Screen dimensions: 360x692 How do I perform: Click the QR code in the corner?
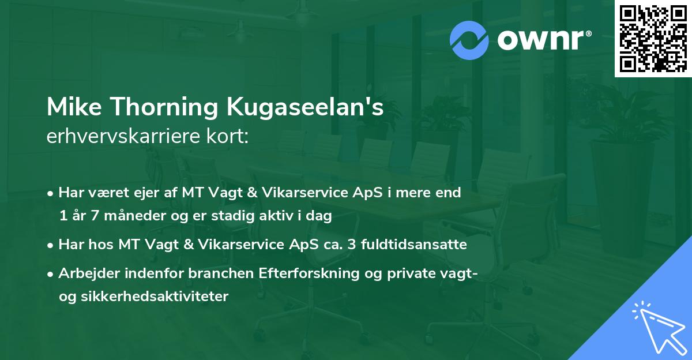(653, 38)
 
